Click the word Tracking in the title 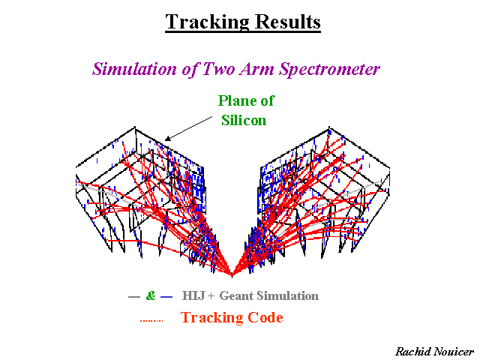pos(207,22)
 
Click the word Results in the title pos(288,22)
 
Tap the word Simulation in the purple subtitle pos(134,68)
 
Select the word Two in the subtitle pos(217,68)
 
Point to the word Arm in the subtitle pos(256,68)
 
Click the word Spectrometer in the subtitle pos(329,69)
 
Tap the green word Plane pos(233,100)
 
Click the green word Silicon pos(244,120)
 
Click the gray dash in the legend pos(133,297)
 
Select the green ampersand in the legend pos(151,295)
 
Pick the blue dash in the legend pos(166,297)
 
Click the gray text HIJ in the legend pos(193,295)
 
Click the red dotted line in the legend pos(151,320)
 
